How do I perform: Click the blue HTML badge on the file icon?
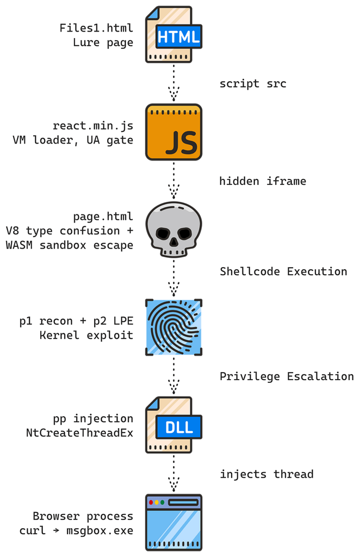(179, 36)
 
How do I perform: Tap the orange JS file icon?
(173, 132)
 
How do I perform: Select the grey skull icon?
(173, 230)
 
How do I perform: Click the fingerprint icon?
(173, 327)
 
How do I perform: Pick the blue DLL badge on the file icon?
(179, 427)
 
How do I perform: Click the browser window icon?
(173, 523)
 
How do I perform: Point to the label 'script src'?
(253, 84)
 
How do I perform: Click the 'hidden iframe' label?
(263, 181)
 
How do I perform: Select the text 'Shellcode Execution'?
(283, 272)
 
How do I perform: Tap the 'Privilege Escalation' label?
(287, 376)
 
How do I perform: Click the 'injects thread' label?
(266, 474)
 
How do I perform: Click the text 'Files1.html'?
(96, 28)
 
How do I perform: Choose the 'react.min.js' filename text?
(93, 126)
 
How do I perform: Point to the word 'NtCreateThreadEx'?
(79, 433)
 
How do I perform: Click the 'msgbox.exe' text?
(100, 531)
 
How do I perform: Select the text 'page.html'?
(103, 216)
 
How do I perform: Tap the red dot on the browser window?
(151, 502)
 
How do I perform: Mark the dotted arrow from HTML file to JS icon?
(173, 83)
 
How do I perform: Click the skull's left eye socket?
(163, 234)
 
